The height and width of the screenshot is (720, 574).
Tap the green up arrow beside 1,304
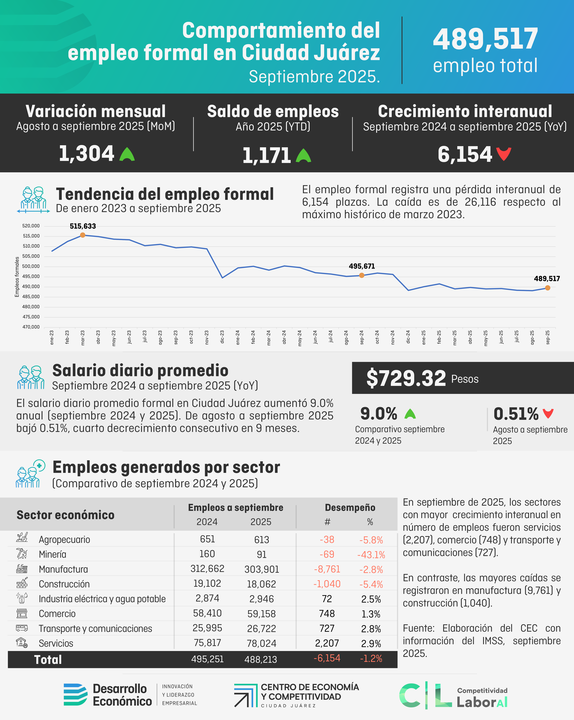(x=127, y=154)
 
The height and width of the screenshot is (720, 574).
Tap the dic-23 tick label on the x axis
(x=222, y=337)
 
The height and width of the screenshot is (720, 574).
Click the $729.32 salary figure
(x=406, y=378)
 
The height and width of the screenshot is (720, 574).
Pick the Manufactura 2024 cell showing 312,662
(x=207, y=568)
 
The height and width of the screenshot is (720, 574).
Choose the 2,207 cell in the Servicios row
(x=327, y=643)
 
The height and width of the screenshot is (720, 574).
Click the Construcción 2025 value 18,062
(x=261, y=584)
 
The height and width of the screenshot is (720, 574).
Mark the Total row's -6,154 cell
(x=327, y=658)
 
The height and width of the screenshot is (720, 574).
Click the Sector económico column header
(x=65, y=515)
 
